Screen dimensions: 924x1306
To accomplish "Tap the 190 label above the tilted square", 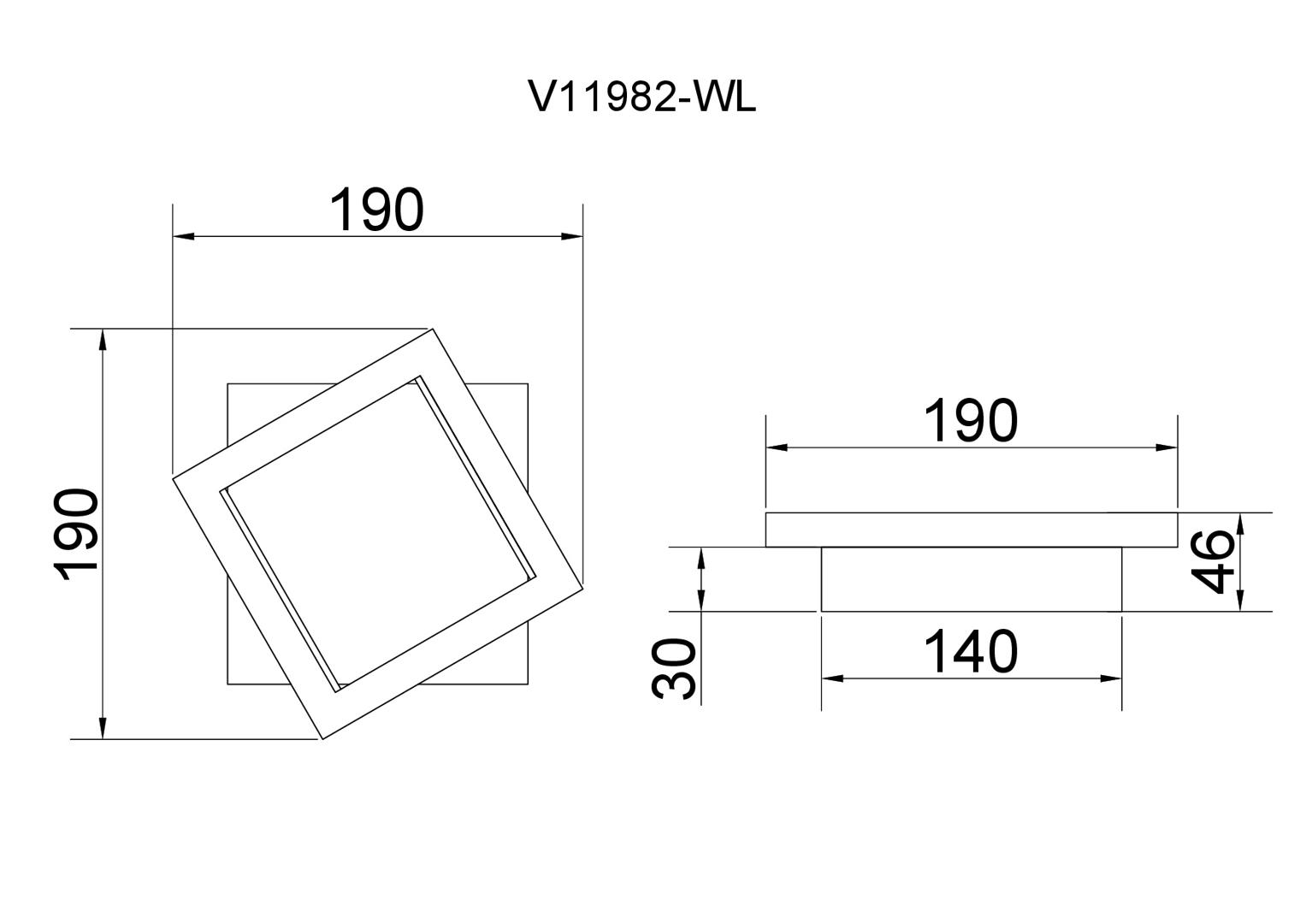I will [x=376, y=210].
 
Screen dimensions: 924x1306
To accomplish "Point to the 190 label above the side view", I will [x=971, y=422].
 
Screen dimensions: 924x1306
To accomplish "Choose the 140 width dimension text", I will [x=971, y=653].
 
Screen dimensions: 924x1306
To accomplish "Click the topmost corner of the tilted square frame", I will [x=434, y=329].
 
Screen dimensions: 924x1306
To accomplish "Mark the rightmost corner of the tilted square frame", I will [x=582, y=586].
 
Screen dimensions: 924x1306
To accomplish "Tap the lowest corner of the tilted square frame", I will [x=322, y=738].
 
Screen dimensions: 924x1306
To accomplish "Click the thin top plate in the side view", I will [x=971, y=530].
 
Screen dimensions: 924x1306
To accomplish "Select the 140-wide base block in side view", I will [x=971, y=579].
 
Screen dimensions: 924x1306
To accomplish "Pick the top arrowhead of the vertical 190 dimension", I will [x=103, y=339].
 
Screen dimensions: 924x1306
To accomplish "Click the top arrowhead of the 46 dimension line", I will [x=1240, y=522].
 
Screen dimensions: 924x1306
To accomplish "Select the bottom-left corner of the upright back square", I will [x=228, y=684].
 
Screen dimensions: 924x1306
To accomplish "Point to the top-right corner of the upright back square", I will [x=528, y=384].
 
